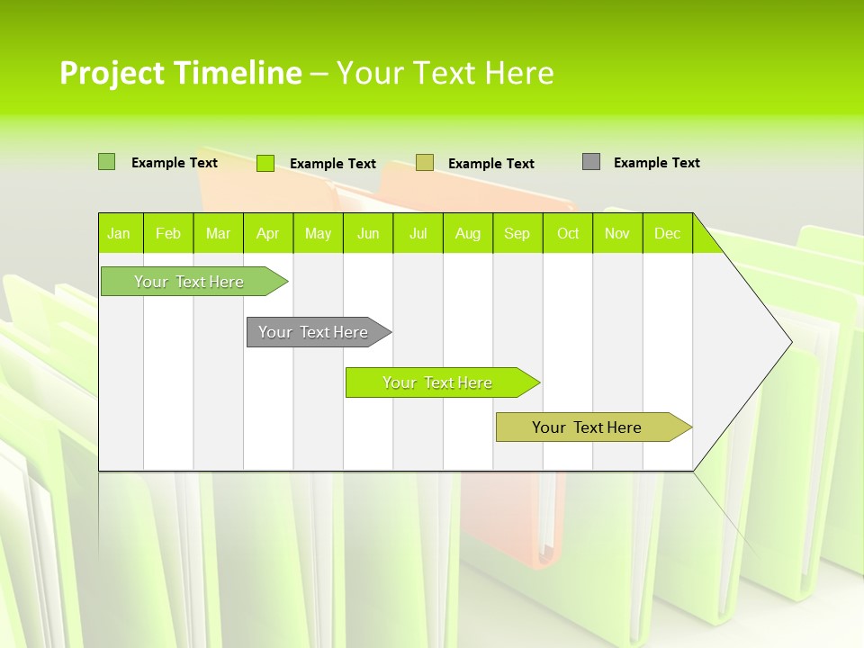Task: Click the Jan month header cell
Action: (120, 233)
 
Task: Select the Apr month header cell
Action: (268, 233)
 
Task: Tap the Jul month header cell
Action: (418, 233)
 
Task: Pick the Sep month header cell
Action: (517, 233)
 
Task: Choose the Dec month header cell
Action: (667, 233)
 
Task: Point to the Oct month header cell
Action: (568, 233)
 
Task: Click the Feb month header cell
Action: (168, 233)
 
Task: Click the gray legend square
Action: (591, 162)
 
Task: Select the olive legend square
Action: (425, 163)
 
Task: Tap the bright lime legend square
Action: (265, 163)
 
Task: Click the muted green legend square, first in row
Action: (106, 162)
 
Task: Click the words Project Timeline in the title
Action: (181, 73)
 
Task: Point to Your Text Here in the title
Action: (445, 73)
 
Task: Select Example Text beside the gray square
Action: (656, 162)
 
